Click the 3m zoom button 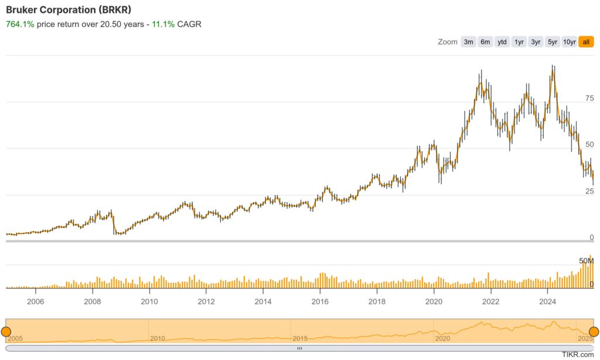(468, 42)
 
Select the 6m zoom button (485, 42)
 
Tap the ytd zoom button (502, 42)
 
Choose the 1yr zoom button (519, 42)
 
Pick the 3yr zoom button (536, 42)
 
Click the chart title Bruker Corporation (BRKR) (68, 10)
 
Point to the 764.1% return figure (19, 25)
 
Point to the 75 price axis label (589, 98)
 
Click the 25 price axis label (589, 191)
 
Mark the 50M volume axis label (587, 260)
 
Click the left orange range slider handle (6, 331)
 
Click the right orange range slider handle (594, 331)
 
